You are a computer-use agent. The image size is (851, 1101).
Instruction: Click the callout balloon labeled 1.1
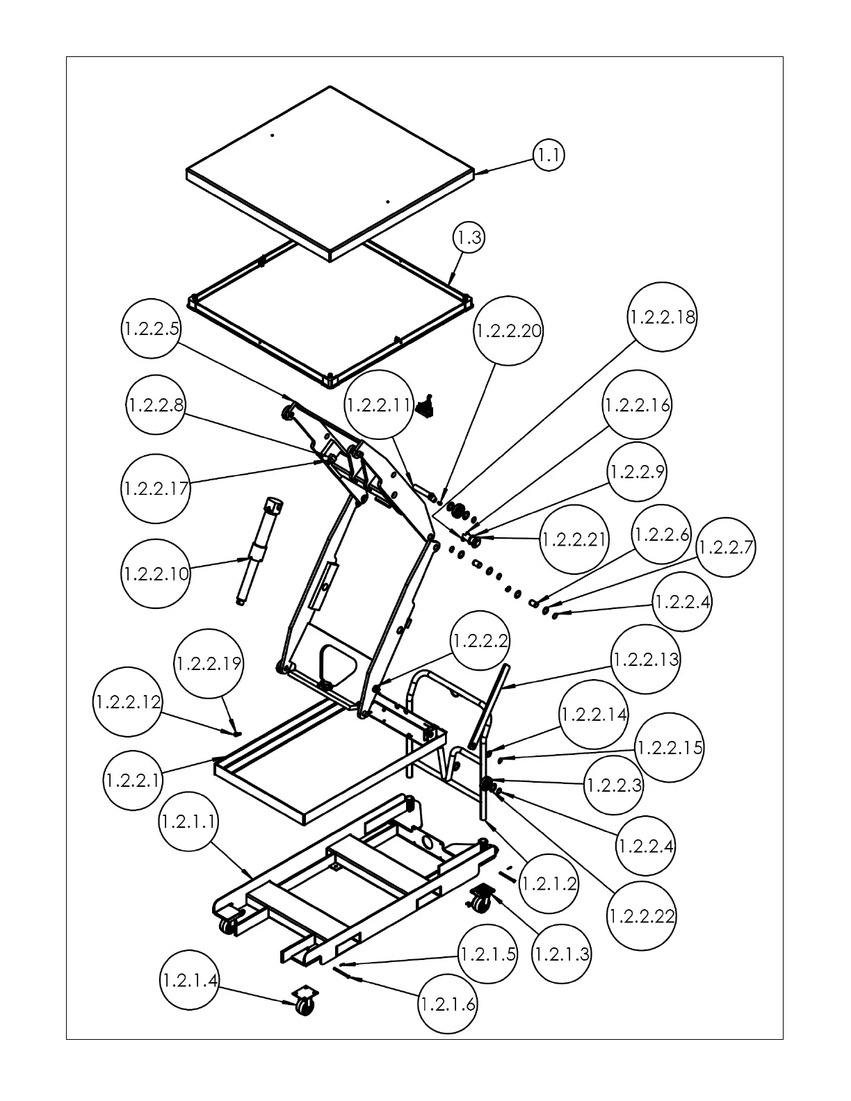click(x=549, y=156)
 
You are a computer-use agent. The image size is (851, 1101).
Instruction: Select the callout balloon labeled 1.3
click(x=469, y=238)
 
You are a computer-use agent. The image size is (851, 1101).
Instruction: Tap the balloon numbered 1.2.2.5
click(x=152, y=329)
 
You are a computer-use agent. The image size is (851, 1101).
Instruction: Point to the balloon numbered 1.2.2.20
click(x=508, y=331)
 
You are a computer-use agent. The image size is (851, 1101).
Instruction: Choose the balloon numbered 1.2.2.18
click(x=662, y=317)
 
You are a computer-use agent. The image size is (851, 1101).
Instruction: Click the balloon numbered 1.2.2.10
click(x=155, y=574)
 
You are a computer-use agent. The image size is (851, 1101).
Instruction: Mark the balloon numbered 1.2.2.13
click(x=646, y=659)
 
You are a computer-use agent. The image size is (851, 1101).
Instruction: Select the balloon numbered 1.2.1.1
click(x=188, y=822)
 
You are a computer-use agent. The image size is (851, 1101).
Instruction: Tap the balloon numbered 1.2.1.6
click(x=448, y=1004)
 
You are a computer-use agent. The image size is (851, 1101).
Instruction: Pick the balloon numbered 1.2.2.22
click(x=642, y=916)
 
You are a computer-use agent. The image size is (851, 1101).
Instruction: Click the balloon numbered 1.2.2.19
click(x=209, y=664)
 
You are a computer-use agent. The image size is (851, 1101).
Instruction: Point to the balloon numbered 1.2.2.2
click(x=480, y=641)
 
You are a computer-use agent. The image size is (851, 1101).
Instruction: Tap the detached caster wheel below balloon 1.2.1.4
click(x=303, y=1002)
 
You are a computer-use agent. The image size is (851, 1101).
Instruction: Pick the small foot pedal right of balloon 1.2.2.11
click(x=425, y=407)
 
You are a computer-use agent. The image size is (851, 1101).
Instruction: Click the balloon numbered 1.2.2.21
click(x=574, y=539)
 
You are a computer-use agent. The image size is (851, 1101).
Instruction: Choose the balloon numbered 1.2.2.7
click(x=725, y=548)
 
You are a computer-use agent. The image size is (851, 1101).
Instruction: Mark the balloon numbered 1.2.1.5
click(x=487, y=954)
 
